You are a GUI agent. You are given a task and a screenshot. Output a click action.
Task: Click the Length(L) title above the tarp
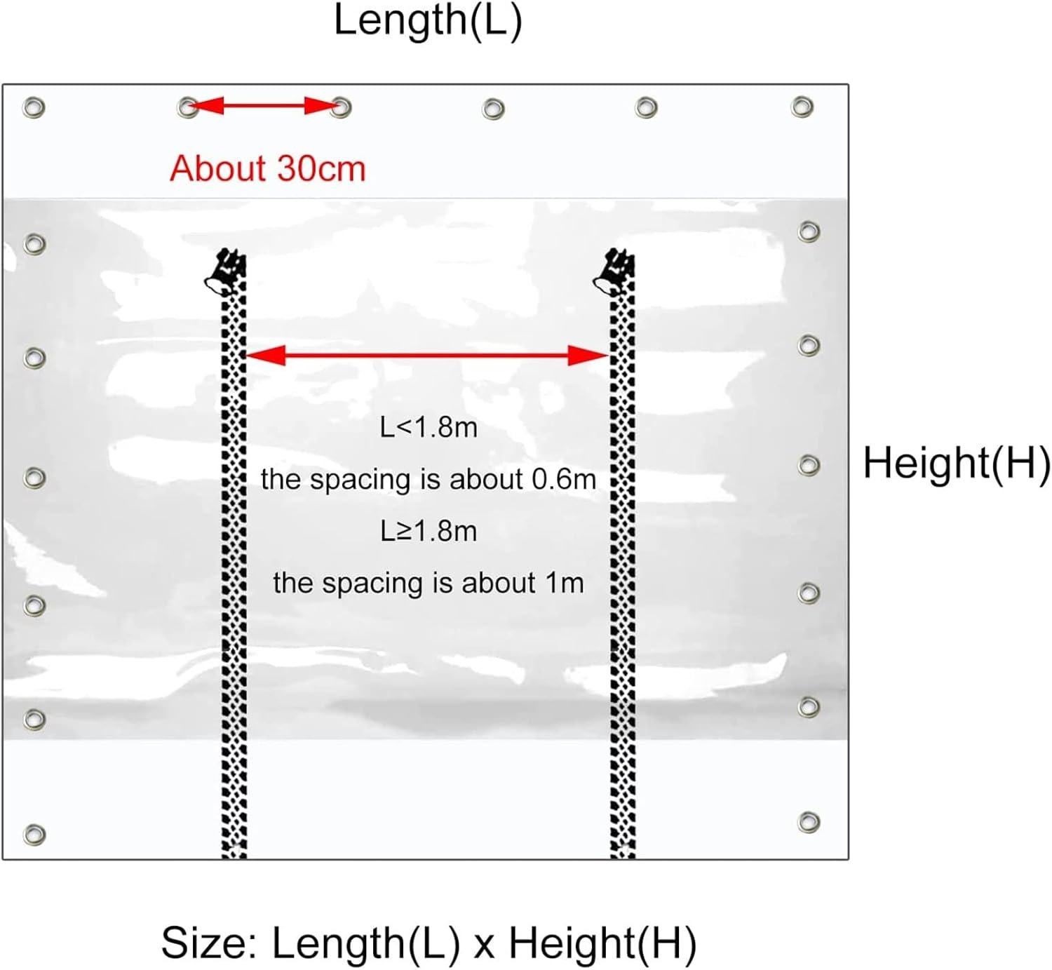point(428,21)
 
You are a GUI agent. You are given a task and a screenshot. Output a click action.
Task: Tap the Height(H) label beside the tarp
point(957,463)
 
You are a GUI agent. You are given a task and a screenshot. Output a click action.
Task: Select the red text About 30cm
point(268,168)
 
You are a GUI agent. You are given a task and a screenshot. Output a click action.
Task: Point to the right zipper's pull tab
point(614,271)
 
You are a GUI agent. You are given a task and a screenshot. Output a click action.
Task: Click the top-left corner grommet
point(34,108)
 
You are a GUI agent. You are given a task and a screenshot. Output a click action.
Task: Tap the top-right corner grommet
point(802,107)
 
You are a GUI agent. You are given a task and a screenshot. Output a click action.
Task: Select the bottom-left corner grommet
point(34,835)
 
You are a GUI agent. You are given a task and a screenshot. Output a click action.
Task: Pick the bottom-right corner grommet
point(809,822)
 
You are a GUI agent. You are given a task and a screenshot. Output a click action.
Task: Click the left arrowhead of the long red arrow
point(266,356)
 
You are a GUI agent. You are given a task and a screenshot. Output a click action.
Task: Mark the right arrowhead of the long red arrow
point(588,356)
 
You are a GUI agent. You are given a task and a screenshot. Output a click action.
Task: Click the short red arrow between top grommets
point(263,106)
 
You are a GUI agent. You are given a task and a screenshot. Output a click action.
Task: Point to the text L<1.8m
point(429,428)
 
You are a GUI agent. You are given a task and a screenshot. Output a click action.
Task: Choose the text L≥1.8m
point(429,531)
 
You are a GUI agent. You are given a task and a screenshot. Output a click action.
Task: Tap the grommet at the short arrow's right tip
point(341,107)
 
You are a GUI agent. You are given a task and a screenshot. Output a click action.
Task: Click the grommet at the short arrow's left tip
point(187,107)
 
